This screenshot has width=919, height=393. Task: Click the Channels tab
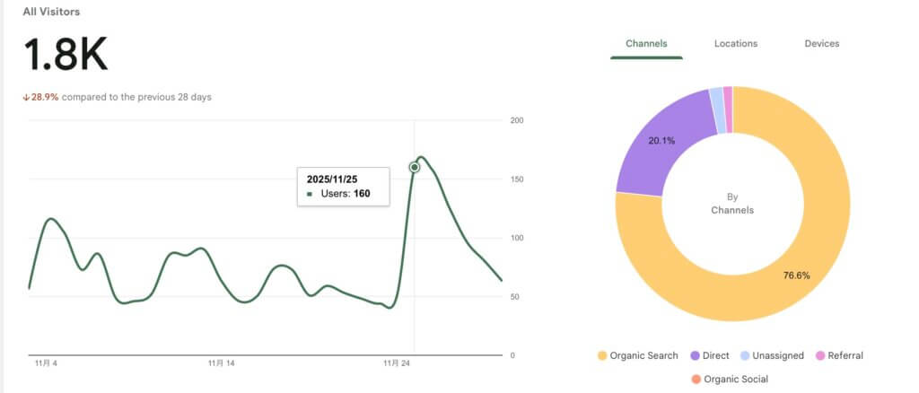pyautogui.click(x=646, y=43)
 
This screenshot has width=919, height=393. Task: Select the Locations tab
pyautogui.click(x=736, y=43)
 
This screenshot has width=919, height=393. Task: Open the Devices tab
pyautogui.click(x=822, y=43)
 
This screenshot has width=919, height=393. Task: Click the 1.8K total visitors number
pyautogui.click(x=66, y=56)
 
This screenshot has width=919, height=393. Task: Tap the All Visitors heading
pyautogui.click(x=51, y=12)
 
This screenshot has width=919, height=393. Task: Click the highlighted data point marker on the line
pyautogui.click(x=415, y=167)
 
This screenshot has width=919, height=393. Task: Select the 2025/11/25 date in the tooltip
pyautogui.click(x=333, y=179)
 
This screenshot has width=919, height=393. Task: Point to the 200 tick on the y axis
pyautogui.click(x=517, y=120)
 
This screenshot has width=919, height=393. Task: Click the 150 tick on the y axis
pyautogui.click(x=517, y=179)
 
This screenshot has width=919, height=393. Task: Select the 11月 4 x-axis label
pyautogui.click(x=47, y=363)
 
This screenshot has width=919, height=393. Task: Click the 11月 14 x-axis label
pyautogui.click(x=221, y=363)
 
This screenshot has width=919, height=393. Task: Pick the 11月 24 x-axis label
pyautogui.click(x=396, y=363)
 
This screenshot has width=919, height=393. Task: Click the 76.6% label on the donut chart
pyautogui.click(x=796, y=275)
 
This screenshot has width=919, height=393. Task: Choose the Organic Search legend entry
pyautogui.click(x=637, y=355)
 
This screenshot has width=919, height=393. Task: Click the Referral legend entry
pyautogui.click(x=838, y=355)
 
